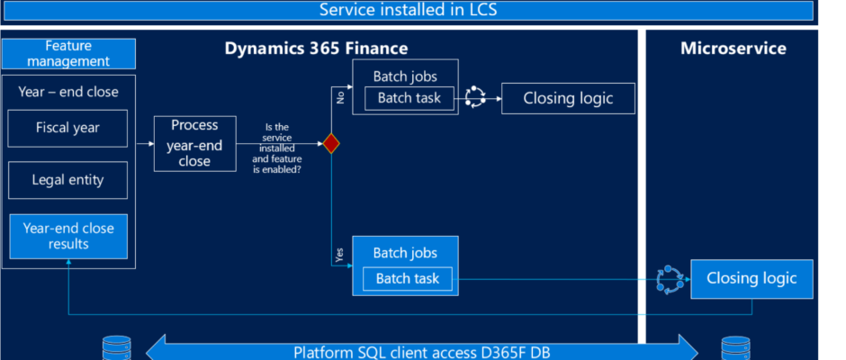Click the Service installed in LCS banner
pyautogui.click(x=408, y=10)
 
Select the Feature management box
pyautogui.click(x=68, y=53)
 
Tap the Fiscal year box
pyautogui.click(x=68, y=129)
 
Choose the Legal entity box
pyautogui.click(x=68, y=180)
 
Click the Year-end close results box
pyautogui.click(x=68, y=237)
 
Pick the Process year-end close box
pyautogui.click(x=194, y=144)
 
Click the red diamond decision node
pyautogui.click(x=330, y=144)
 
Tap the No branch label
pyautogui.click(x=340, y=97)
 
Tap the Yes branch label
pyautogui.click(x=339, y=256)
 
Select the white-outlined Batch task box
pyautogui.click(x=409, y=98)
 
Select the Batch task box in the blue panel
pyautogui.click(x=408, y=278)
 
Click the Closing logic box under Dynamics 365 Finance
pyautogui.click(x=568, y=98)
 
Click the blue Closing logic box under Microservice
pyautogui.click(x=751, y=278)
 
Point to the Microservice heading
pyautogui.click(x=733, y=49)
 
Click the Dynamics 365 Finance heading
pyautogui.click(x=316, y=49)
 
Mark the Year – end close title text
pyautogui.click(x=68, y=92)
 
